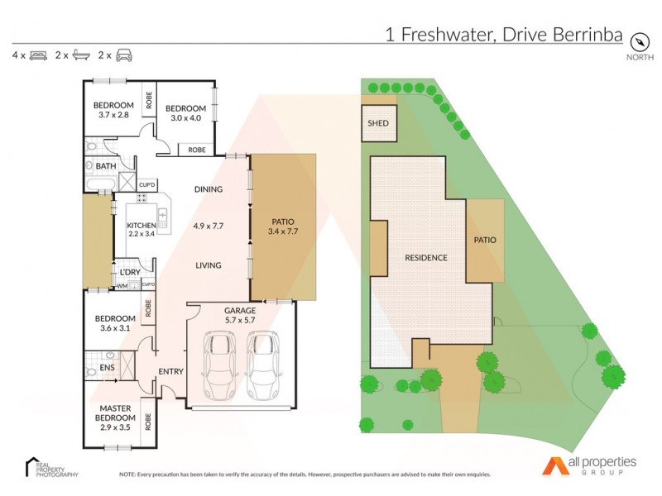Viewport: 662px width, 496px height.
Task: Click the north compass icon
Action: [x=639, y=41]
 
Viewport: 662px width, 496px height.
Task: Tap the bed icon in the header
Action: [x=38, y=55]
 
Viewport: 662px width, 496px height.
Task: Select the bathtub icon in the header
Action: [x=81, y=55]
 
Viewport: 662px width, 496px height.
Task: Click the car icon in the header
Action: [x=124, y=55]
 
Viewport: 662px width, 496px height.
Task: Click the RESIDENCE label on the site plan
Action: [x=426, y=258]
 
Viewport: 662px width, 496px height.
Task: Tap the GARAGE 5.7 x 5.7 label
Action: [x=240, y=316]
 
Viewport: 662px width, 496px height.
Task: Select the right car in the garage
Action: [x=263, y=365]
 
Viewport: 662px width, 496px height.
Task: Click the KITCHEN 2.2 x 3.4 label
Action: [x=141, y=229]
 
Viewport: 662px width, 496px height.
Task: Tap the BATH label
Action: [x=106, y=166]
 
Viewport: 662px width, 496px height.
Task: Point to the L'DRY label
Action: [x=129, y=272]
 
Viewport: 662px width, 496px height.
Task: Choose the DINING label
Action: [x=209, y=189]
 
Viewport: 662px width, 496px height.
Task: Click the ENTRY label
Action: [x=170, y=371]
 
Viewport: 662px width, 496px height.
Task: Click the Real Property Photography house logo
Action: [x=31, y=465]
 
